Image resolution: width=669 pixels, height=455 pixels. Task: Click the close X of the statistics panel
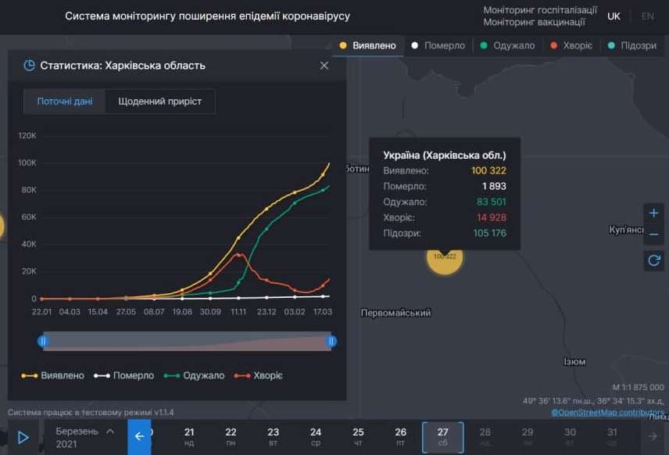coord(324,66)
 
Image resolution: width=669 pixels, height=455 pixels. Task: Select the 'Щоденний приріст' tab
coord(159,102)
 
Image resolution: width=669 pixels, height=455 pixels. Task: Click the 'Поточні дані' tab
coord(64,102)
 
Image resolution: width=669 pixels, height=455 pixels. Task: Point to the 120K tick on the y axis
coord(27,136)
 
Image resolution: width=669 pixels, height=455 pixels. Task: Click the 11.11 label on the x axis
coord(238,312)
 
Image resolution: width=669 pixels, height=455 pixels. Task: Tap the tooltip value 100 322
coord(488,170)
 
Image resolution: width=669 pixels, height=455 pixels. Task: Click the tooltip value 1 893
coord(494,186)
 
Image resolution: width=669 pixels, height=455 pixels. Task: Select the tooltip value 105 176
coord(489,233)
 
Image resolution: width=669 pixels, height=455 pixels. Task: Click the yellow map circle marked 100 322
coord(444,256)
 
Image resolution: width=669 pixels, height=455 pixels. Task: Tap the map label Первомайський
coord(395,313)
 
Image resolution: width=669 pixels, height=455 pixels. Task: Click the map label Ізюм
coord(574,362)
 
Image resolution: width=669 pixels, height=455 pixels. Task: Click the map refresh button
coord(653,260)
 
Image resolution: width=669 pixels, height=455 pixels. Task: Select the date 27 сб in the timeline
coord(442,437)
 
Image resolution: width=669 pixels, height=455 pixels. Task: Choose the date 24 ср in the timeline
coord(316,437)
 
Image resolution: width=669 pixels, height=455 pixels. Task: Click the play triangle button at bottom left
coord(23,438)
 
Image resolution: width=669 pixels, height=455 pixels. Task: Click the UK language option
coord(614,16)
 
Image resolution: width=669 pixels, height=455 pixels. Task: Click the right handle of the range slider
coord(332,341)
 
